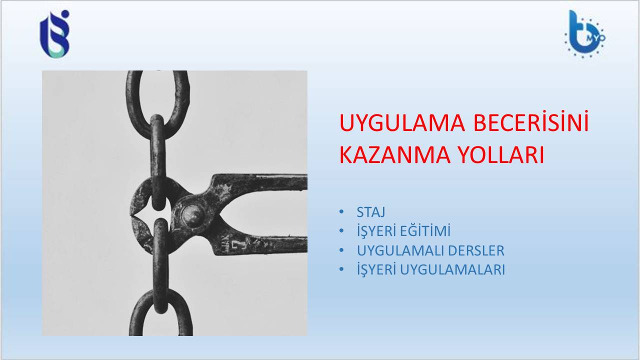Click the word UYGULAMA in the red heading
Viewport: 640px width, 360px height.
[x=402, y=123]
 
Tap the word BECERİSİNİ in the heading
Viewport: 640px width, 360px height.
[x=531, y=121]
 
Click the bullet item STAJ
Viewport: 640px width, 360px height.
[x=371, y=212]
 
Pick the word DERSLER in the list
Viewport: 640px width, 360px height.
[x=476, y=250]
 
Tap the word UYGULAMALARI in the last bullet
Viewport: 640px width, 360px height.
[x=452, y=269]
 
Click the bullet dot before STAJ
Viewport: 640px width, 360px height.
[x=341, y=211]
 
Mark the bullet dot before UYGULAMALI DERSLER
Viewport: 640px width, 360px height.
[x=341, y=250]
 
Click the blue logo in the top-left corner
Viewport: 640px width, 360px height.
[x=55, y=33]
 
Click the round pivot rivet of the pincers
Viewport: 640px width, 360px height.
[x=192, y=214]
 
